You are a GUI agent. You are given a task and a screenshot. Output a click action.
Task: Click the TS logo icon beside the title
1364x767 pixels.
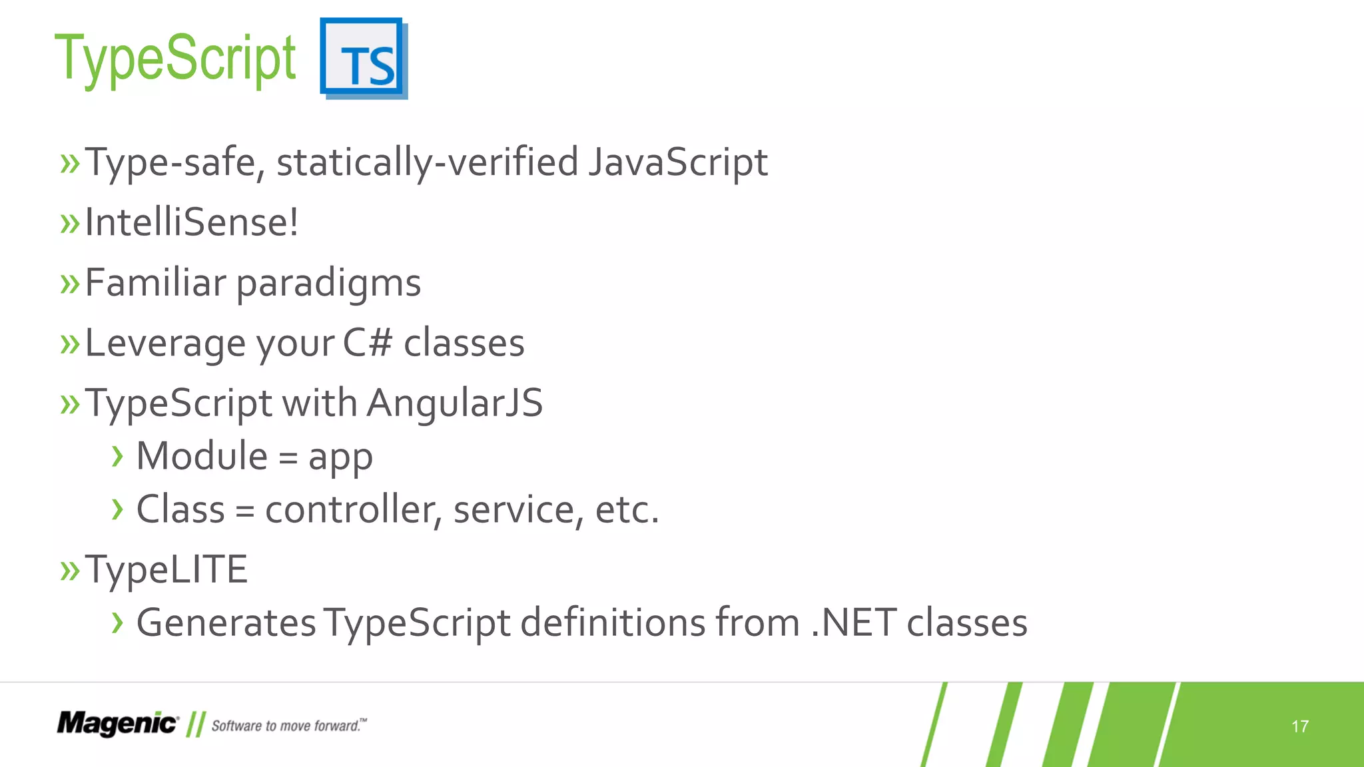[x=363, y=59]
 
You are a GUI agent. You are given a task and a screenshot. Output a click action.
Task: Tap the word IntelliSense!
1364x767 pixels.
[x=192, y=222]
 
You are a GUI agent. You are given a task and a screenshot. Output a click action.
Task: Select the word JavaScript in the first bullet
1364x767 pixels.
[x=677, y=162]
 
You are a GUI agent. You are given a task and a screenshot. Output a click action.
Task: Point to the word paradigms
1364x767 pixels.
[x=328, y=284]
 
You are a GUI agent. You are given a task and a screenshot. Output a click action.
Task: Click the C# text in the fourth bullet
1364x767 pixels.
[x=367, y=343]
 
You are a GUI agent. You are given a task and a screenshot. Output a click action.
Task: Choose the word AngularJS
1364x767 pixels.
[x=455, y=403]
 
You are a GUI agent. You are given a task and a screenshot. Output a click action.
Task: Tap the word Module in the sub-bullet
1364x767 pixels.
[x=202, y=457]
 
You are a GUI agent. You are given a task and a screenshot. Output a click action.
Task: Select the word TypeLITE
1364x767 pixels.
[x=167, y=570]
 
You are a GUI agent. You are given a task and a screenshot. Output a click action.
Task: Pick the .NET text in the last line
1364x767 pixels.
[x=853, y=623]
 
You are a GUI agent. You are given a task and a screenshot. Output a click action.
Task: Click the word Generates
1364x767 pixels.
[x=226, y=623]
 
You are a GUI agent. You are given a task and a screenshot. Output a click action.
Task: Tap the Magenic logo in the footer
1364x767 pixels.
[x=117, y=724]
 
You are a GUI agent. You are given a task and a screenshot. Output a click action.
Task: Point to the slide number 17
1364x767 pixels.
[x=1299, y=726]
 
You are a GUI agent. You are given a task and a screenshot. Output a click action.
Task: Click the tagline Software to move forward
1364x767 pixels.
[x=288, y=726]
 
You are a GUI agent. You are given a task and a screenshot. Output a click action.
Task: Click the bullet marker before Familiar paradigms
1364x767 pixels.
[x=69, y=284]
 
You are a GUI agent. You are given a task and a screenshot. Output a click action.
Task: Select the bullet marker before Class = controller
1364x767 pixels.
[x=118, y=510]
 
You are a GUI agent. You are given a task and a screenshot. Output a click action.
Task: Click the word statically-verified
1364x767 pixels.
[x=427, y=162]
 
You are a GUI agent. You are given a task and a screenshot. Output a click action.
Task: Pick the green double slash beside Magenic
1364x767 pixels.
[x=195, y=724]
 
